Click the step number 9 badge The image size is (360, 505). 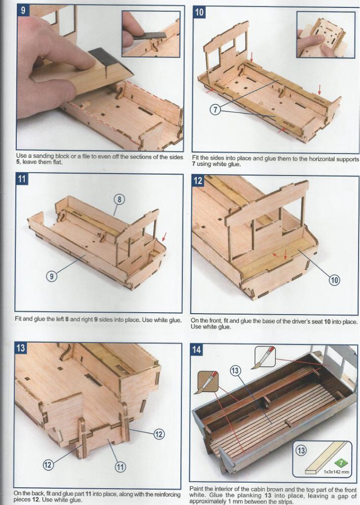[x=23, y=10]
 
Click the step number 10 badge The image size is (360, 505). [x=199, y=12]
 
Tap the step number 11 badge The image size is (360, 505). [x=22, y=179]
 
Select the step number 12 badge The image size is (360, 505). [x=198, y=180]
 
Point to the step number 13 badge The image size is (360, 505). [x=21, y=348]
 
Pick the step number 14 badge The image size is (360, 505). [x=196, y=350]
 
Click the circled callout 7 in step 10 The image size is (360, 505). [x=216, y=110]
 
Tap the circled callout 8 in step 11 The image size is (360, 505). [x=119, y=199]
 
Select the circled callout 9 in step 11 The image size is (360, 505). [x=51, y=276]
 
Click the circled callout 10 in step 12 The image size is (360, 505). [x=334, y=280]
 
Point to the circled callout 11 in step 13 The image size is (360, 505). [x=120, y=467]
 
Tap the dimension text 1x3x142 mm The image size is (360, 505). [x=336, y=472]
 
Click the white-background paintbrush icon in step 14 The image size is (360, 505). [x=265, y=357]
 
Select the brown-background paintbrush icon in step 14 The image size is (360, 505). [x=208, y=382]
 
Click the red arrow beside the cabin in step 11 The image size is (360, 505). [x=164, y=237]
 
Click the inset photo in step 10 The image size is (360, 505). [x=325, y=35]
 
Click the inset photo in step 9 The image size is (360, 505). [x=151, y=34]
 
